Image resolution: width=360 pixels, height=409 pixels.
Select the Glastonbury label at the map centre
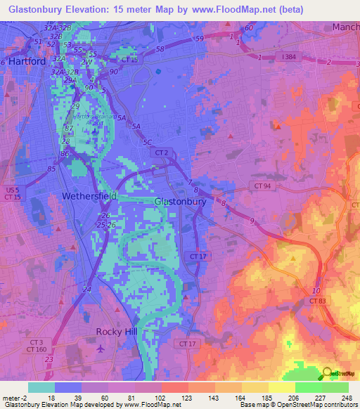(179, 201)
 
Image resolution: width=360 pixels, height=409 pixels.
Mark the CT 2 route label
(162, 152)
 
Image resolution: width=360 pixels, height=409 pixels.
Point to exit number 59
(200, 38)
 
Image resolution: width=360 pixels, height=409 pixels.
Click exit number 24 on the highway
(86, 289)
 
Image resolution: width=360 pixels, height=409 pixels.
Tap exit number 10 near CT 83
(316, 290)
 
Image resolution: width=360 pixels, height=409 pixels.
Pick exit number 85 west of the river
(51, 169)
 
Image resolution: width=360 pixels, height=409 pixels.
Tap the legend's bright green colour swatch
(308, 387)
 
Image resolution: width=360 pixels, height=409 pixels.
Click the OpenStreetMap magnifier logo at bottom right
(328, 373)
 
